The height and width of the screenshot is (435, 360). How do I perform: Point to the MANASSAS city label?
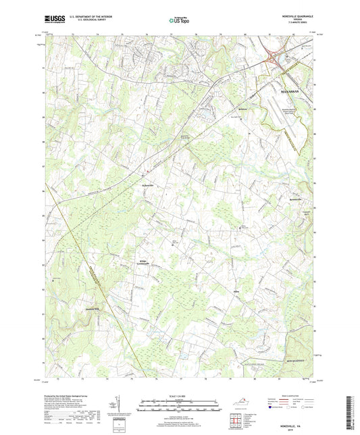click(x=291, y=86)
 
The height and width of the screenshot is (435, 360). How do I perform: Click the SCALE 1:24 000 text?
click(x=179, y=395)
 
